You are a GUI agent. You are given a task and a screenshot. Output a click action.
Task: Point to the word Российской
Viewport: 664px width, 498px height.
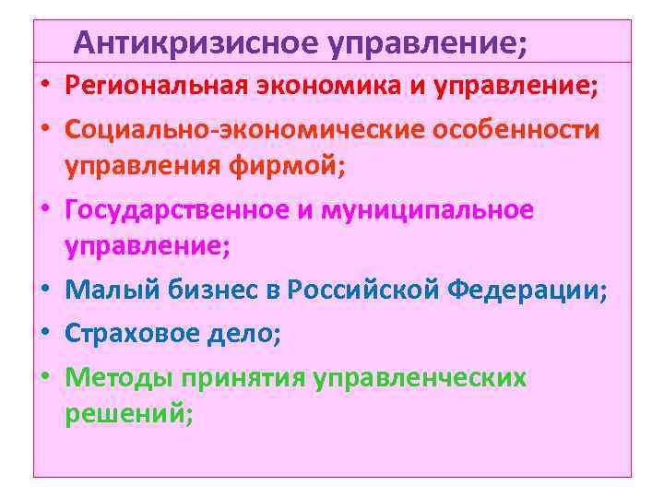coord(365,292)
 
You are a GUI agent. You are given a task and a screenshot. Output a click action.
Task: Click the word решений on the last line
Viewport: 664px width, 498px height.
coord(129,416)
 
